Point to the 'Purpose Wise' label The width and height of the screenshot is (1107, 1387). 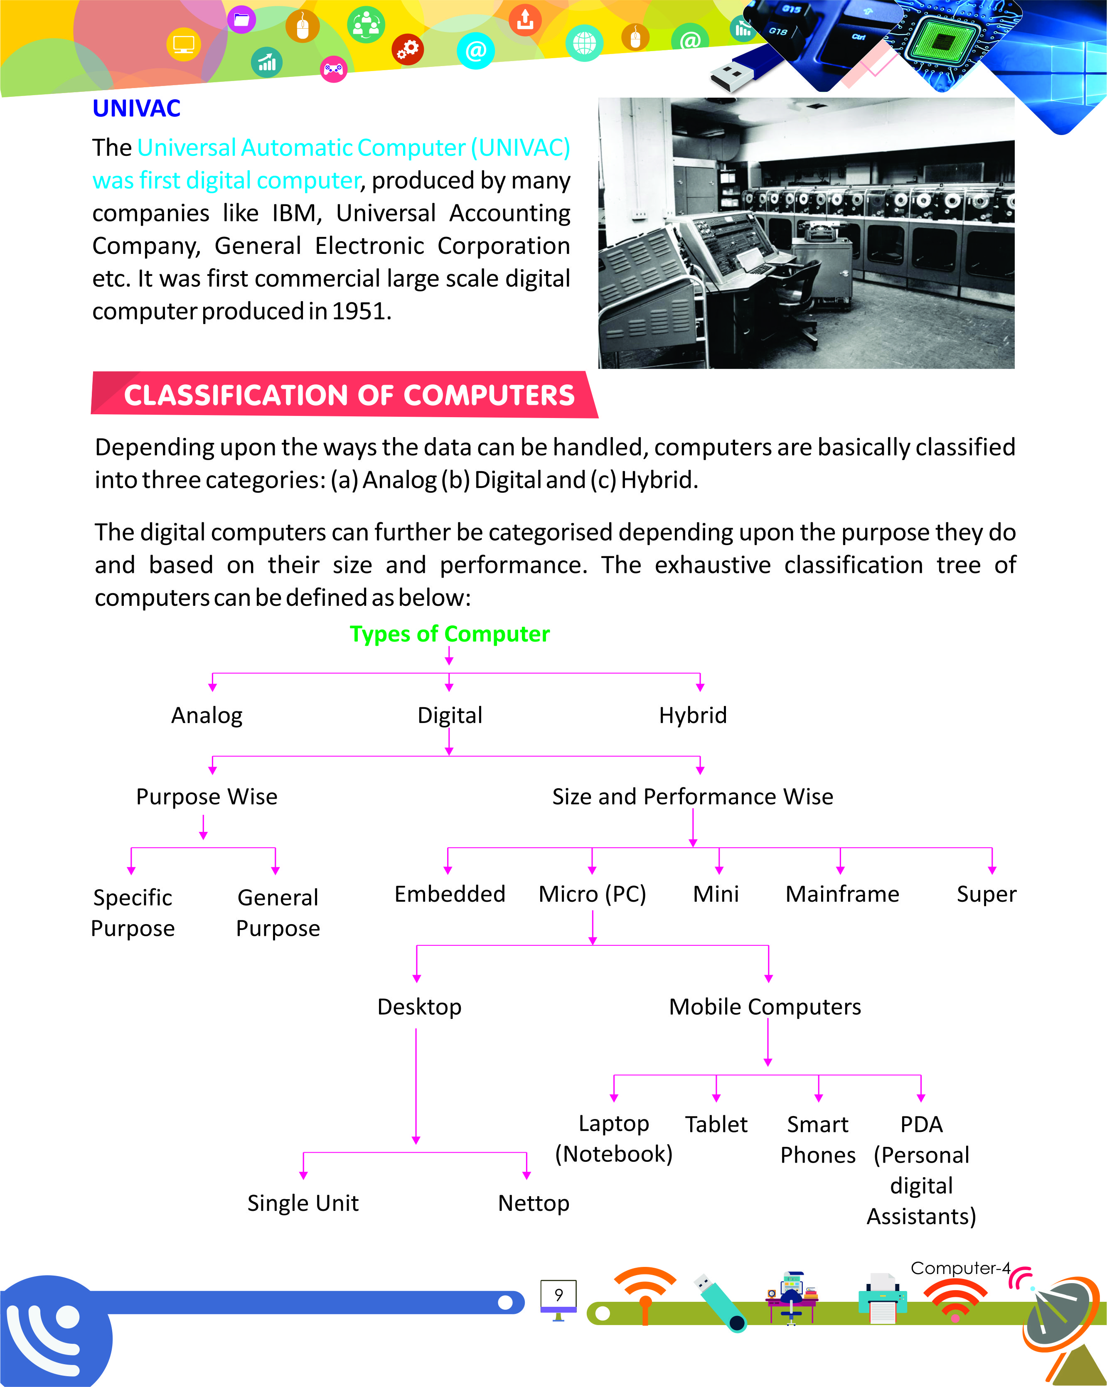207,797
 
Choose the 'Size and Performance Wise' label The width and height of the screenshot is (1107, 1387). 692,797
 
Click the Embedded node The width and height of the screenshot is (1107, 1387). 450,894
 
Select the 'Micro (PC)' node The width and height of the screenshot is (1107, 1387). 592,894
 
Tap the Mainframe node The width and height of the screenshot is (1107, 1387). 842,894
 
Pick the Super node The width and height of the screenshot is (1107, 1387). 986,894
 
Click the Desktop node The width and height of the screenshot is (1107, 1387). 419,1007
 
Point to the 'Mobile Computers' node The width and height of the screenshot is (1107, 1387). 765,1007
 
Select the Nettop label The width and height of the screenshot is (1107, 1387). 533,1203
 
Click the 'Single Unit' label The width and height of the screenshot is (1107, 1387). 303,1203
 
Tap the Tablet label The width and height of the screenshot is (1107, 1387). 716,1124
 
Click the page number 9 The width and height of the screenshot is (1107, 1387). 558,1294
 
